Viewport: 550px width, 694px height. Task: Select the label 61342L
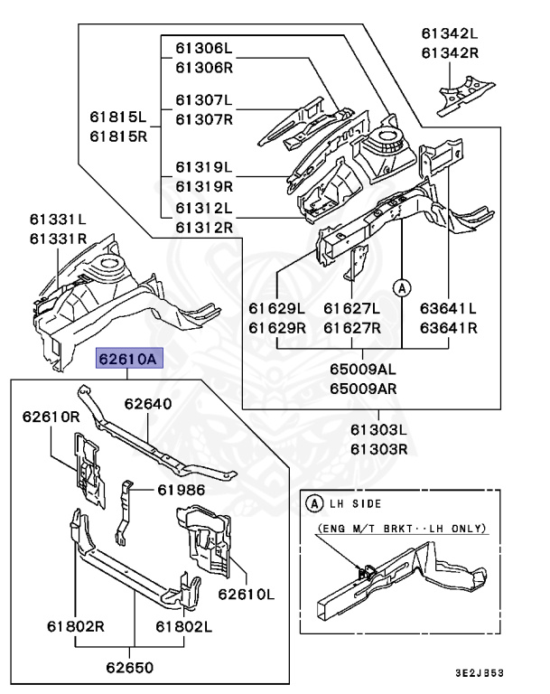450,33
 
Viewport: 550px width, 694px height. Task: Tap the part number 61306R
204,68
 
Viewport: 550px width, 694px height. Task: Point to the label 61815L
117,117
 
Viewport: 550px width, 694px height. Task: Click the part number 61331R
59,239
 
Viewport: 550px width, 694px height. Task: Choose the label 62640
148,404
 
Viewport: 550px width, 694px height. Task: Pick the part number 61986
182,490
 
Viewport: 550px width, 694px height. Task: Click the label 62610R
51,417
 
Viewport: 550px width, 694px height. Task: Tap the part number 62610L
246,594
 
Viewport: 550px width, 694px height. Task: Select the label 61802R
76,626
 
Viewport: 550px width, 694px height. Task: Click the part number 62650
130,668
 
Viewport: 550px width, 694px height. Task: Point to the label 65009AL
363,369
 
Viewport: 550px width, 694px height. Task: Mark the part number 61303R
378,450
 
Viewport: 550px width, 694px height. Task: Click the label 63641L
448,308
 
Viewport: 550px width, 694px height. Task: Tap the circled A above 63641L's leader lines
402,288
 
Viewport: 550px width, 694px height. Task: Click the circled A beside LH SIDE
314,503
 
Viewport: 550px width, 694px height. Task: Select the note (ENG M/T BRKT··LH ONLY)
402,528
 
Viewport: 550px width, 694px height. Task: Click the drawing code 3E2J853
480,673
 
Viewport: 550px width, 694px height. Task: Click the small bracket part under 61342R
466,95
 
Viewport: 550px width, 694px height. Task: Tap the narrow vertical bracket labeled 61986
124,511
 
